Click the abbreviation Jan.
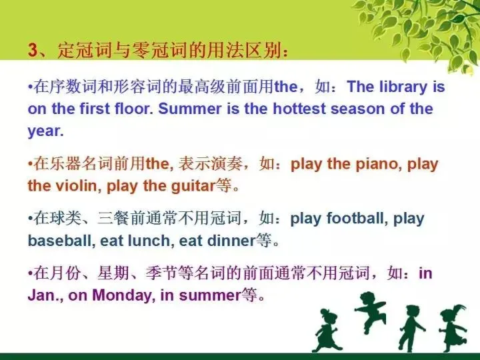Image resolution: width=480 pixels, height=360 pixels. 43,295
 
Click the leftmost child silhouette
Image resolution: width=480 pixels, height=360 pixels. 327,331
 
